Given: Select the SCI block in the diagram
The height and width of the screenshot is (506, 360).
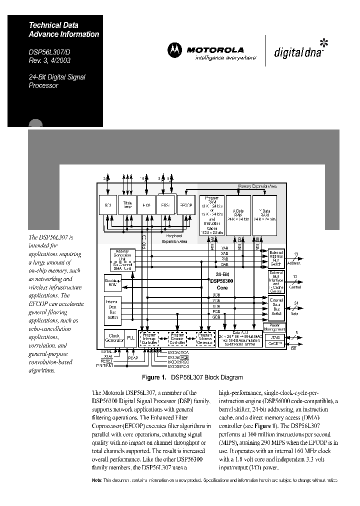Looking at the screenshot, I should coord(107,204).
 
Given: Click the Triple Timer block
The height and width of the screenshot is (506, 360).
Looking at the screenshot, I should coord(127,204).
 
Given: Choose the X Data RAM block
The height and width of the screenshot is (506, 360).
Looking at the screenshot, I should coord(238,215).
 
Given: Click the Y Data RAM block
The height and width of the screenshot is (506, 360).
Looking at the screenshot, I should coord(264,215).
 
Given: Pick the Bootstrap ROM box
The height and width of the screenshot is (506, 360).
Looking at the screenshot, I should coord(112,282).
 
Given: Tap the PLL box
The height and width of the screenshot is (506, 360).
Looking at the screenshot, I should coord(130,338).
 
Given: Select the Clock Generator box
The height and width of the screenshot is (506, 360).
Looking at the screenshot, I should coord(114,338).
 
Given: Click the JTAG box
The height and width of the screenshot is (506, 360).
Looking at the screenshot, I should coord(277,337).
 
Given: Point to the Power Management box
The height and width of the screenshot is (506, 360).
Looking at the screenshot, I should coord(277,327).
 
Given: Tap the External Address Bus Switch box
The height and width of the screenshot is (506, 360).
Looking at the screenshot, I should coord(276,258).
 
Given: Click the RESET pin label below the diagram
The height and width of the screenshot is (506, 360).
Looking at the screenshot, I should coord(106,360).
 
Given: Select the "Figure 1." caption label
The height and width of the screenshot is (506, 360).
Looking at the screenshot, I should coord(154,377).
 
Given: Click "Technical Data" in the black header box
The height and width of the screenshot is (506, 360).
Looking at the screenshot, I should coord(53,25).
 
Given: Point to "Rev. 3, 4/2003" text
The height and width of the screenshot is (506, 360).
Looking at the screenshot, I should coord(49,60).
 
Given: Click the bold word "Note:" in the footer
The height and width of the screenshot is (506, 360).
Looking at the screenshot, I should coord(97,480).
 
